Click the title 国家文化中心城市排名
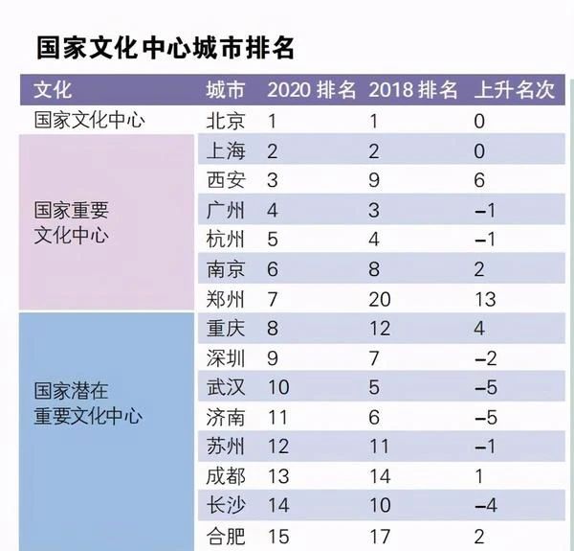(165, 48)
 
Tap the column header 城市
(226, 91)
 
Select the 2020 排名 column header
(311, 91)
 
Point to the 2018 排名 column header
(413, 91)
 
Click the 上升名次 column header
(514, 91)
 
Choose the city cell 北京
(226, 121)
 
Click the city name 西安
(226, 180)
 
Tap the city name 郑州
(226, 298)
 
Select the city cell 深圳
(226, 357)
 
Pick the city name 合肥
(226, 535)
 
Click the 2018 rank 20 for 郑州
(380, 298)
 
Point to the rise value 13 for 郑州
(484, 298)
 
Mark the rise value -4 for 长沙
(484, 505)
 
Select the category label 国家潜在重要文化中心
(88, 402)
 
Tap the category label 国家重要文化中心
(72, 221)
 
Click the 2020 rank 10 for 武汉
(277, 386)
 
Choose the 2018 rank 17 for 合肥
(379, 535)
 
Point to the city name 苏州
(226, 446)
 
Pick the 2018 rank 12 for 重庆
(380, 328)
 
